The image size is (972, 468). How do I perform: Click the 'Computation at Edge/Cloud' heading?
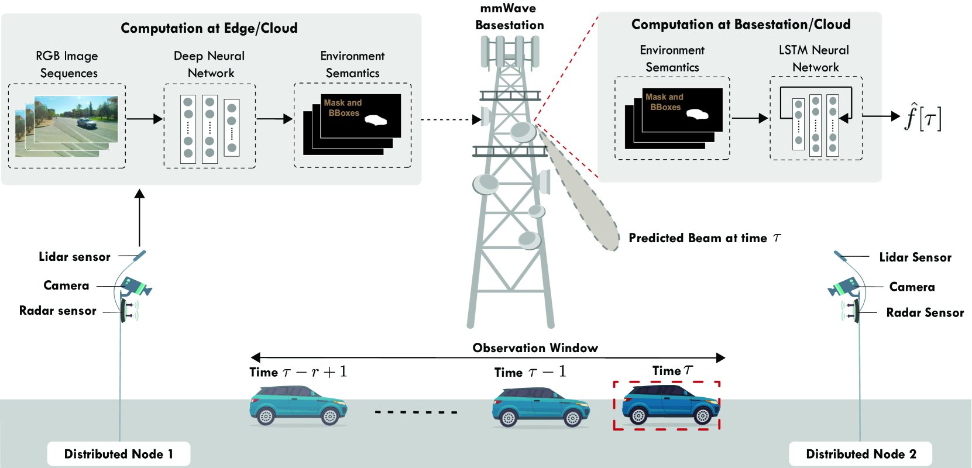click(209, 28)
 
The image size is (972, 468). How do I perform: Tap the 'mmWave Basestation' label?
click(510, 16)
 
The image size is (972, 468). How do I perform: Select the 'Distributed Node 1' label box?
click(118, 454)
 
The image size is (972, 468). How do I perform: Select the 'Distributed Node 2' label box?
click(861, 454)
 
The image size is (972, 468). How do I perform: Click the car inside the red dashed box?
click(671, 404)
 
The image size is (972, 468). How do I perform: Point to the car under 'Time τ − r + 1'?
click(298, 405)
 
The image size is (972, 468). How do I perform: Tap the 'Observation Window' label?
click(535, 348)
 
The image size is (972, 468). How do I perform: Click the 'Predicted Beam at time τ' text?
click(705, 238)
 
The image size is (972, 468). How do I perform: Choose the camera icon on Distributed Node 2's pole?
click(844, 287)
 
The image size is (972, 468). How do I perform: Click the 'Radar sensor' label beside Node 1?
click(58, 311)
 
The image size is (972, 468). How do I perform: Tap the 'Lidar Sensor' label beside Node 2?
click(915, 257)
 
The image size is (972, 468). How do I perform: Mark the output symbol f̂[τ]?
click(923, 116)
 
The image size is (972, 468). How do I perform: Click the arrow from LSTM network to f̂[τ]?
click(881, 116)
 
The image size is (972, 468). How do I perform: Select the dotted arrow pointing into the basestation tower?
click(451, 119)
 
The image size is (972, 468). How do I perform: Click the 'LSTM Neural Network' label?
click(814, 58)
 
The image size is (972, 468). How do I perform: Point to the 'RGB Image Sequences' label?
click(67, 64)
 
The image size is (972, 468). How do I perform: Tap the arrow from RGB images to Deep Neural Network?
click(145, 118)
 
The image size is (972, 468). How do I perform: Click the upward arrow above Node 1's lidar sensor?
click(139, 218)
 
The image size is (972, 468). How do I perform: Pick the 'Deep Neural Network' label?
click(209, 64)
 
